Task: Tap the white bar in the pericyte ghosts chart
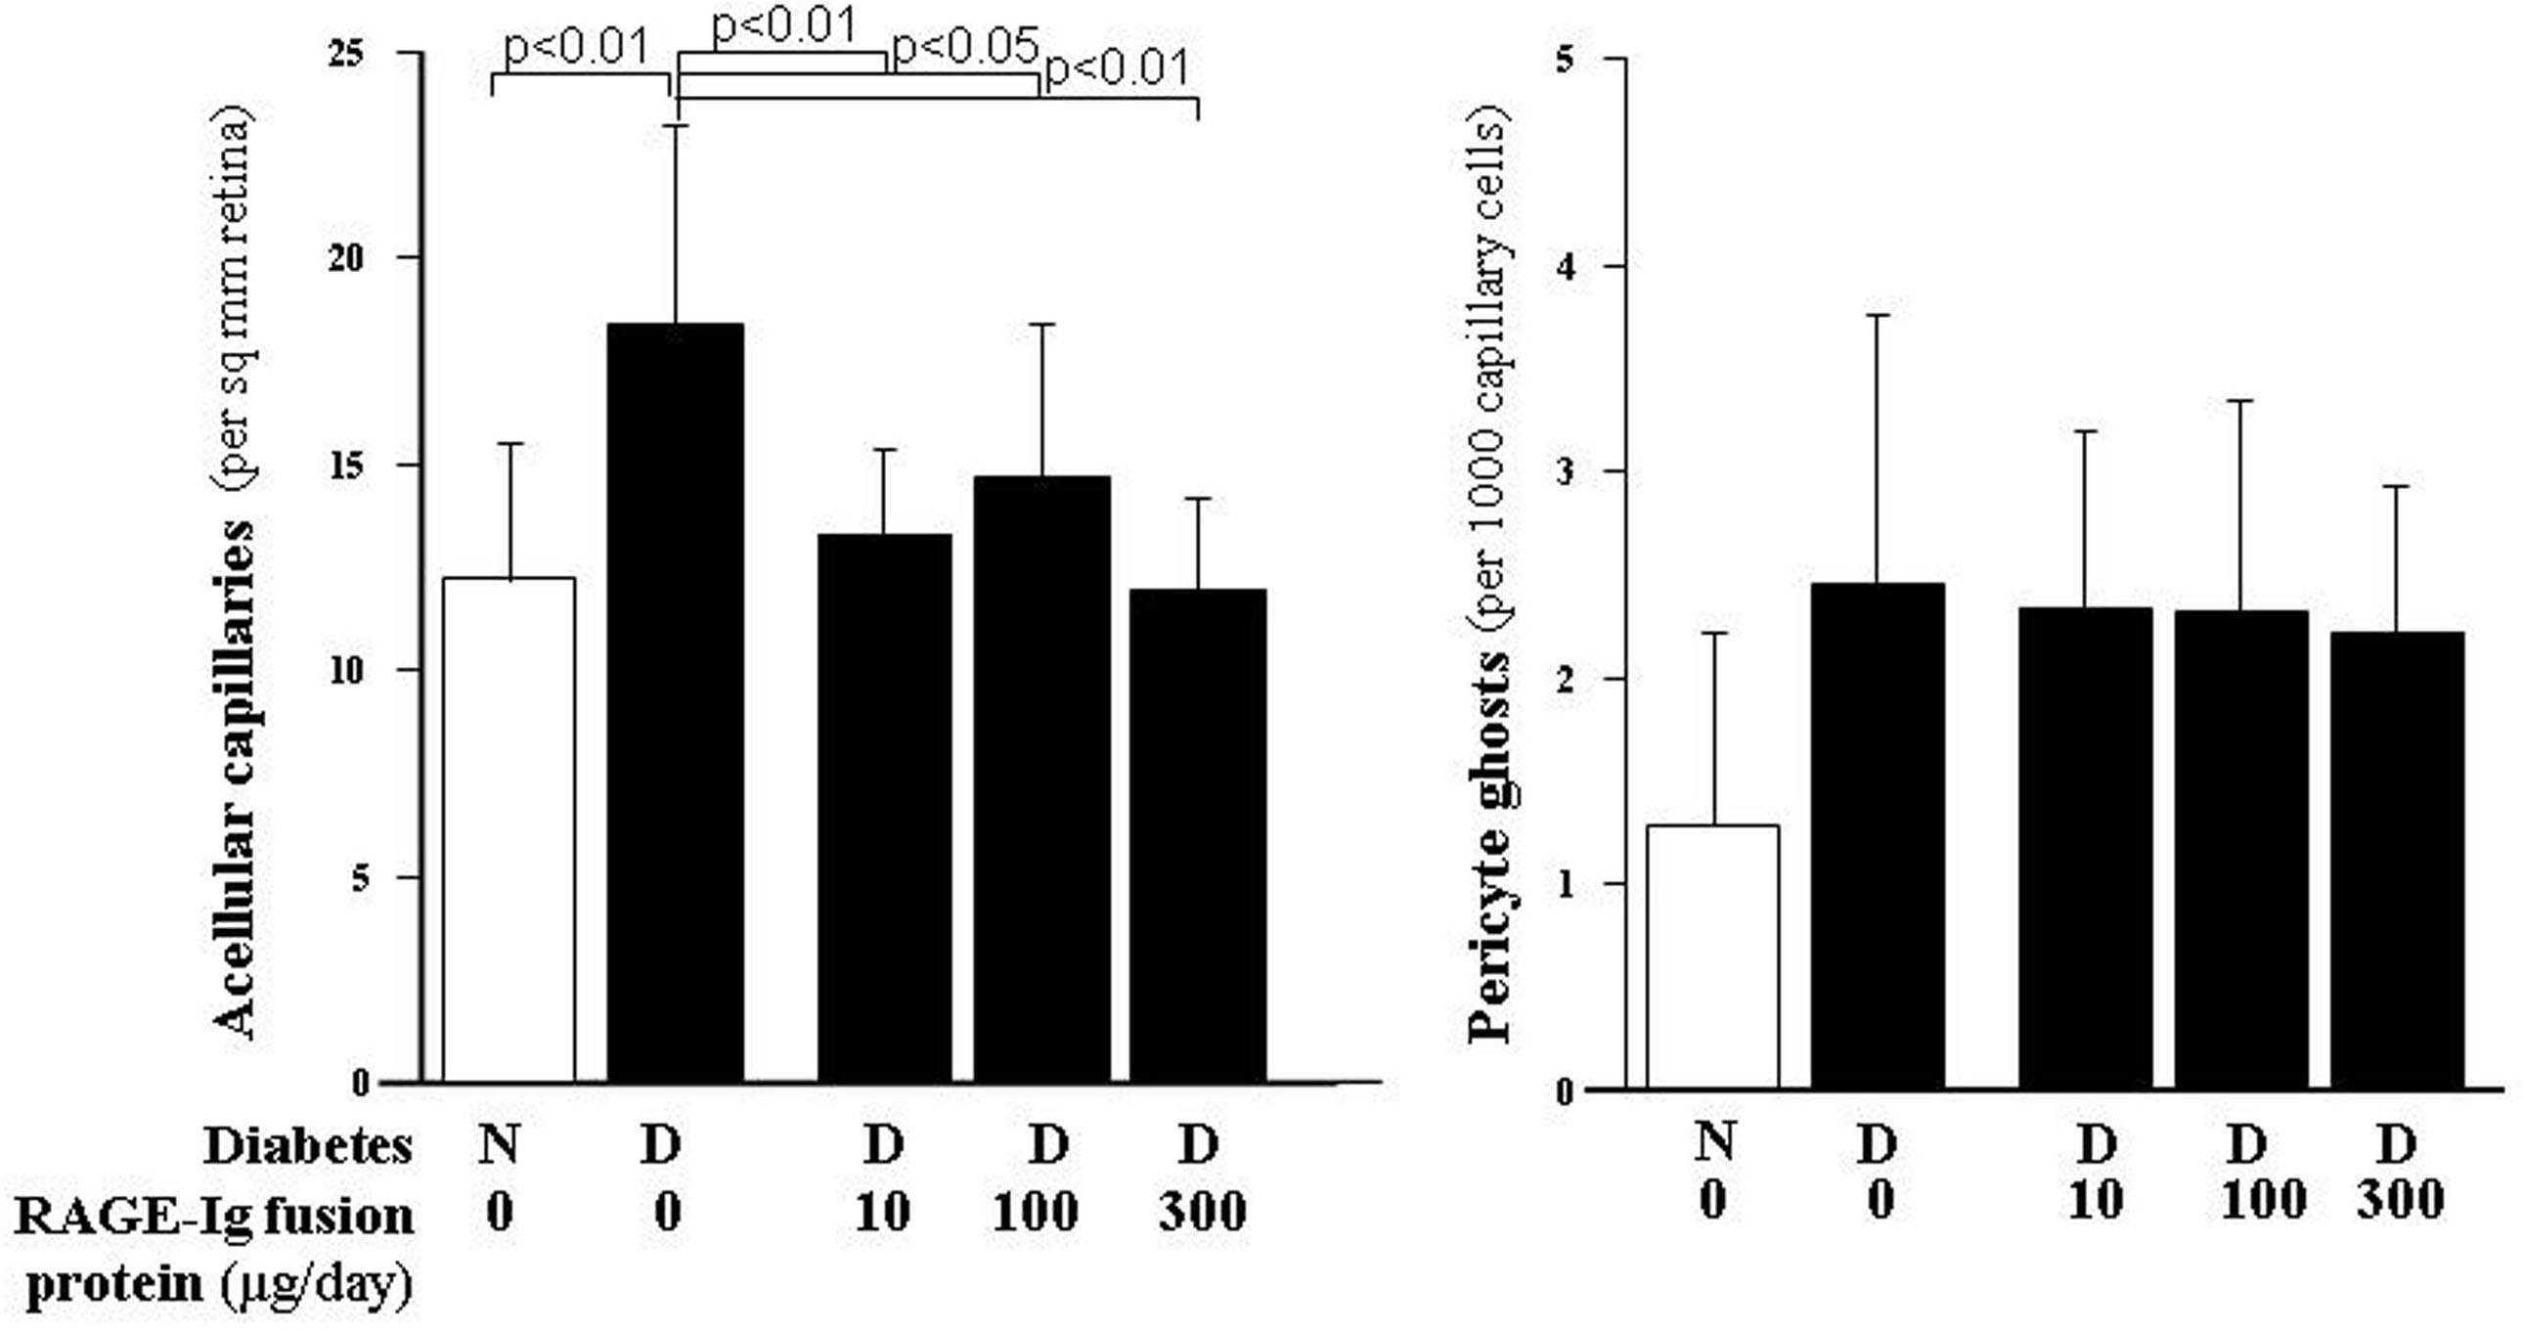click(x=1712, y=960)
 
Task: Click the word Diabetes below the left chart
click(x=307, y=1146)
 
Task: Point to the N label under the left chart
click(x=499, y=1144)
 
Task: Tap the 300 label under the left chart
click(x=1202, y=1213)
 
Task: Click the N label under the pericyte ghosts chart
click(x=1713, y=1143)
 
